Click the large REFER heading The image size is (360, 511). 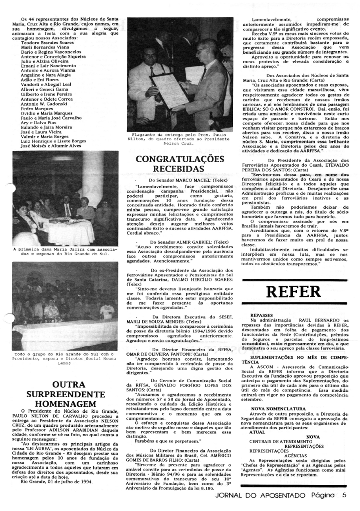click(x=294, y=291)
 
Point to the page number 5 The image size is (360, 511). click(x=344, y=495)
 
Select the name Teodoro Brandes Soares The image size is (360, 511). click(x=47, y=42)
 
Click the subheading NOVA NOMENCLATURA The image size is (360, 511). click(x=278, y=408)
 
